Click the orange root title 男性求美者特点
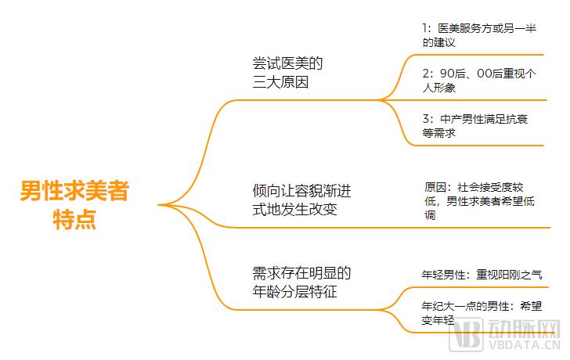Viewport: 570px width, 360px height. [x=74, y=204]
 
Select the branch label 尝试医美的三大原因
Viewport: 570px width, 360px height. [x=287, y=73]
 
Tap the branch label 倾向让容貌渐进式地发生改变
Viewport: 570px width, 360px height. [x=301, y=200]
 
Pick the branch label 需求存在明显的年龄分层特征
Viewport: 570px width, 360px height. [x=301, y=283]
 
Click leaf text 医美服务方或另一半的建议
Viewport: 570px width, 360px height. [x=479, y=35]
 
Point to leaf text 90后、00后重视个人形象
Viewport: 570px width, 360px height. [x=479, y=81]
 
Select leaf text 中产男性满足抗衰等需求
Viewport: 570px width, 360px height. [x=474, y=126]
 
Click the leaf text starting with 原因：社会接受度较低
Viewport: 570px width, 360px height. [x=479, y=201]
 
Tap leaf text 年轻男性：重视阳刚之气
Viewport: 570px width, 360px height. [x=482, y=275]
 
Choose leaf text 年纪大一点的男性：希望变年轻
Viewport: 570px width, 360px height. [x=482, y=313]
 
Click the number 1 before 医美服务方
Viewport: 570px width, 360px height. [x=425, y=28]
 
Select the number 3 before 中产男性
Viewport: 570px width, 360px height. [x=426, y=119]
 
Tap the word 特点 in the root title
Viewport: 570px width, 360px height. [x=74, y=219]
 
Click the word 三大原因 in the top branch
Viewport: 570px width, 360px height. [x=280, y=82]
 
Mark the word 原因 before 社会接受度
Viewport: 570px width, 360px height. [x=435, y=188]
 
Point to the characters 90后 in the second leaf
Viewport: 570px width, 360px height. [x=453, y=74]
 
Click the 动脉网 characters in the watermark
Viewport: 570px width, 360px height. [x=524, y=329]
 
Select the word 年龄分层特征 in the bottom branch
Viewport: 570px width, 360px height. [x=295, y=292]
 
